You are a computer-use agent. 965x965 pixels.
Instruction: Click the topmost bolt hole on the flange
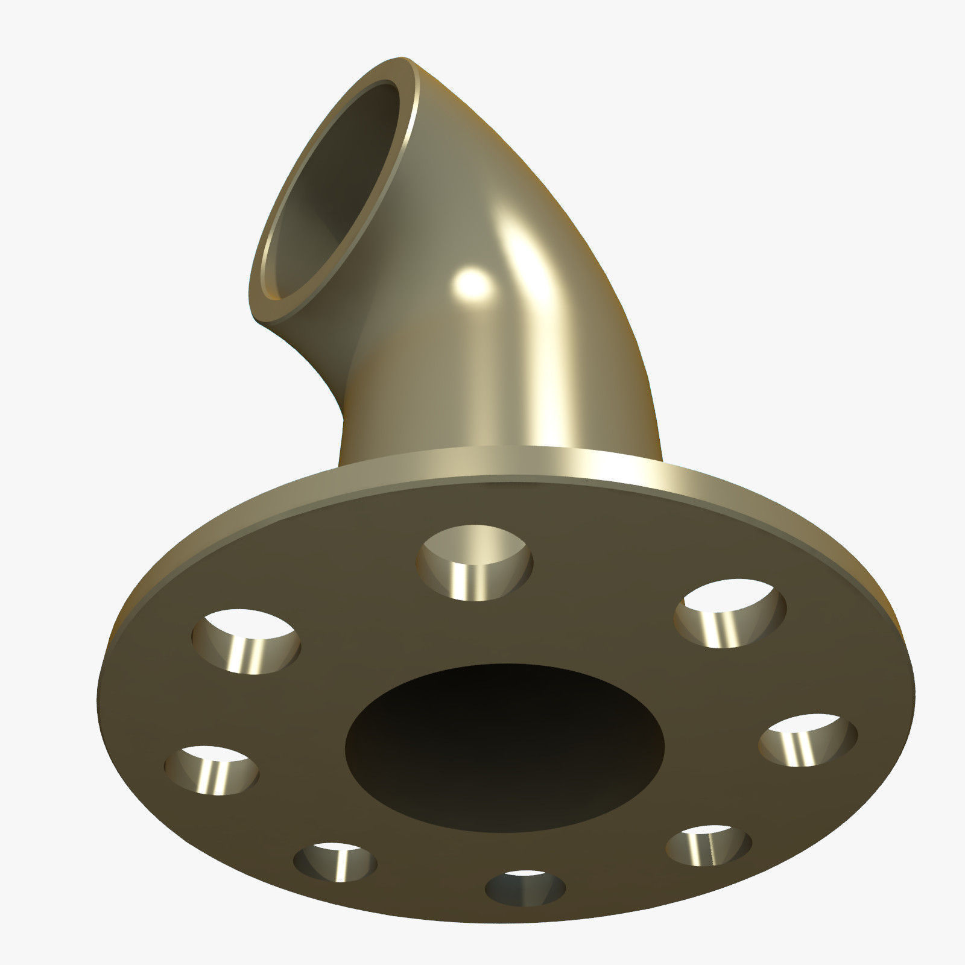475,563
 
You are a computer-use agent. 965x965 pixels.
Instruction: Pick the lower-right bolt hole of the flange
709,846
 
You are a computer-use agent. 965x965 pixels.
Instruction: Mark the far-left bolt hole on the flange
212,770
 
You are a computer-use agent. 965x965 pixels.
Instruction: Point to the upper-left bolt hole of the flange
245,641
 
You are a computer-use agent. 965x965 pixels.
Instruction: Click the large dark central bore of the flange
504,748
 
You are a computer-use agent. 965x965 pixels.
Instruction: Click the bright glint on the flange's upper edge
603,467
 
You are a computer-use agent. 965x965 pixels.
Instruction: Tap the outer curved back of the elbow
543,199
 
